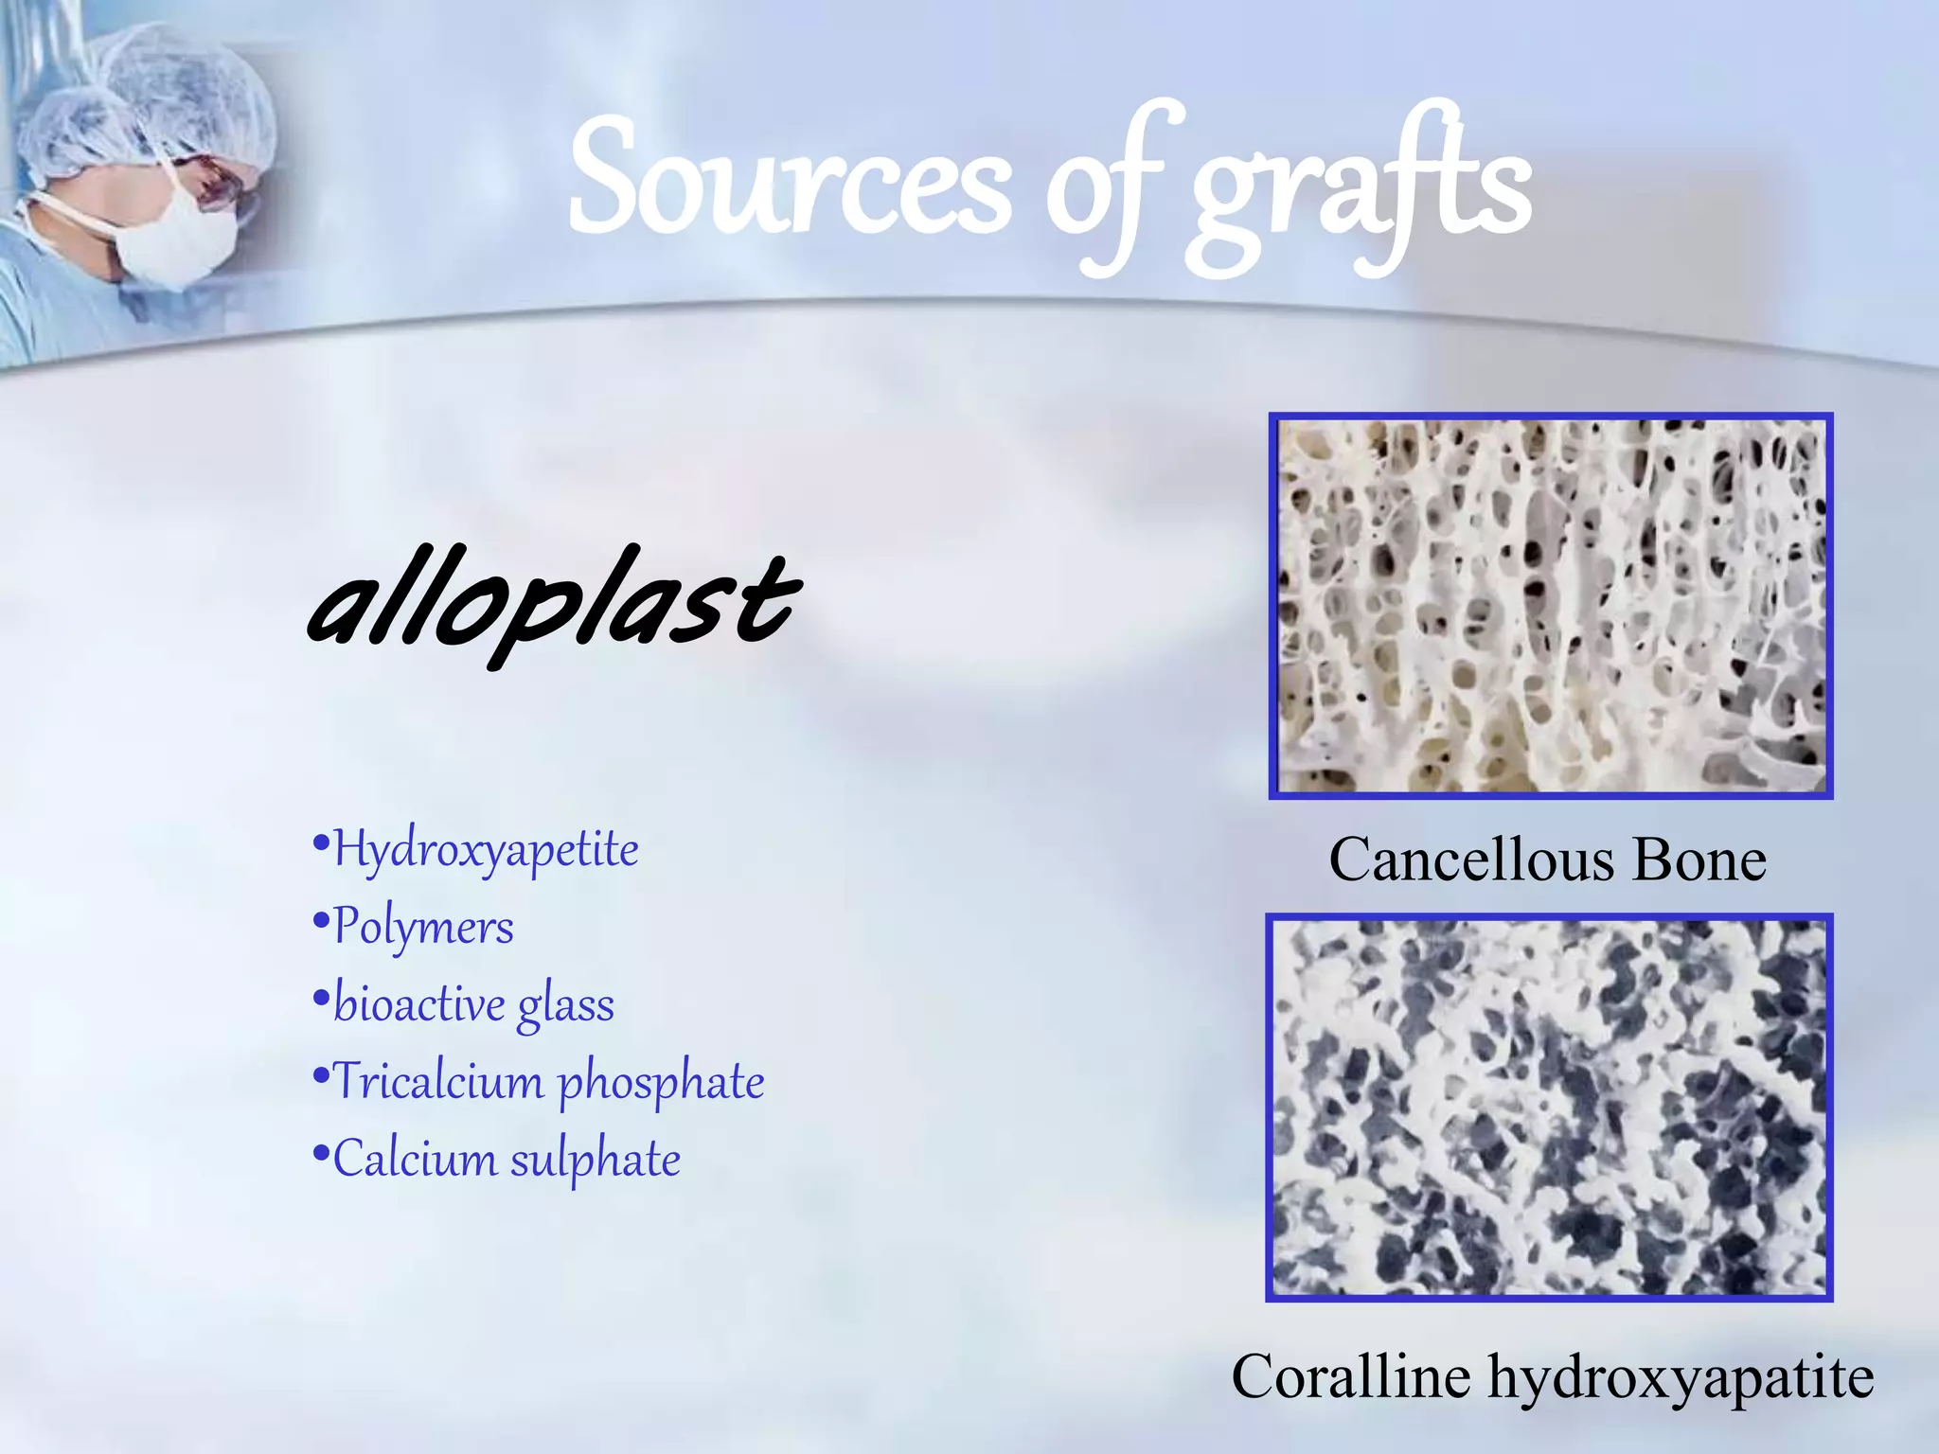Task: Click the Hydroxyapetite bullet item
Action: pos(486,849)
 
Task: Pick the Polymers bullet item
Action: pos(423,927)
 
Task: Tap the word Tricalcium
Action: pos(438,1082)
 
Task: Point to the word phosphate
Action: pos(661,1084)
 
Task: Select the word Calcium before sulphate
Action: pos(414,1160)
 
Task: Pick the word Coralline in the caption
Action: pos(1351,1377)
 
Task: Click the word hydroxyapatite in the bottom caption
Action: pos(1681,1379)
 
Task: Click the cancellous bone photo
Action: pos(1551,606)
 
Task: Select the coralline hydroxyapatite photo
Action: pos(1549,1108)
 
